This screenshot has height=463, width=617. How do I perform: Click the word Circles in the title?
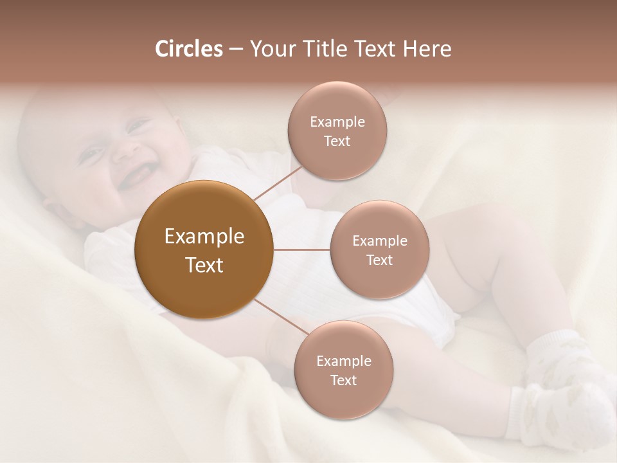188,49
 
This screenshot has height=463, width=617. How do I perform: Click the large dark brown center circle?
204,283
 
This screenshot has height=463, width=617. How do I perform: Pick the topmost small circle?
337,131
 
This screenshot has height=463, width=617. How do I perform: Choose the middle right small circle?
379,250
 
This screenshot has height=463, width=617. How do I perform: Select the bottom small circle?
343,370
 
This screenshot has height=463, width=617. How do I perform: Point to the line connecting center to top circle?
278,182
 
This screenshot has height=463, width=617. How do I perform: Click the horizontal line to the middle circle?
302,250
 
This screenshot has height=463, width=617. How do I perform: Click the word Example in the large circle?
204,237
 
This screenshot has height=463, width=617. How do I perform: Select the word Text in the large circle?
204,265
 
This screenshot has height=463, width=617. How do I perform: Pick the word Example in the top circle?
337,122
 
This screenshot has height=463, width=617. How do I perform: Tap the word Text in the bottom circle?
343,380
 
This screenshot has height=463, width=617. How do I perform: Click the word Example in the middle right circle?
379,241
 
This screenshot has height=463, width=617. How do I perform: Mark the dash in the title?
235,49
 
